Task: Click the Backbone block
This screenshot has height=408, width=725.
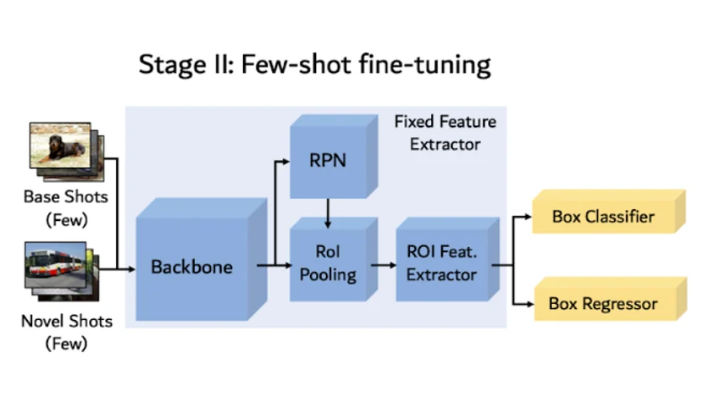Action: [x=191, y=267]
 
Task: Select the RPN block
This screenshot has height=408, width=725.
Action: [x=328, y=159]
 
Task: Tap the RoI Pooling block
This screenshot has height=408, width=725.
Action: [x=328, y=263]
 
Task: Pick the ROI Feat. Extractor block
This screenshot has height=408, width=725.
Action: [x=440, y=263]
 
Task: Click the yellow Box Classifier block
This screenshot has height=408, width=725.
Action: [x=603, y=217]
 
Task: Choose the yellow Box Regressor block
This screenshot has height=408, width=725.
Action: [x=603, y=303]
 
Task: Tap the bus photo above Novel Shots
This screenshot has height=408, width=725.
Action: [x=56, y=266]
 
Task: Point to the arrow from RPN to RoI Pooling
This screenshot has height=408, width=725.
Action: [x=328, y=212]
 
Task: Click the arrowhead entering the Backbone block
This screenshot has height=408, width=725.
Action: [x=130, y=270]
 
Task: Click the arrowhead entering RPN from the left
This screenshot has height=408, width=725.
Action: [x=285, y=159]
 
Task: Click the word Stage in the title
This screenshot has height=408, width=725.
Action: [x=169, y=65]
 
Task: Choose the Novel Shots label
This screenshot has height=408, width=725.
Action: [x=67, y=322]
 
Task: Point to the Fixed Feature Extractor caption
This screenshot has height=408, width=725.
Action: [x=445, y=133]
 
